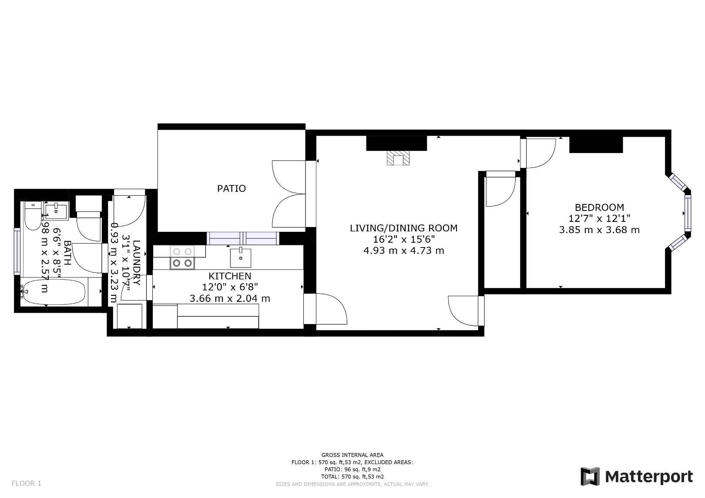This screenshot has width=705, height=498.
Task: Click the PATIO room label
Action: coord(232,188)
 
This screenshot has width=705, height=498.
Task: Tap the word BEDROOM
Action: coord(599,207)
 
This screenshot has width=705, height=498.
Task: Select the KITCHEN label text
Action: coord(230,276)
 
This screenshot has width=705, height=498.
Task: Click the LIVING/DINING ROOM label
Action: coord(403,228)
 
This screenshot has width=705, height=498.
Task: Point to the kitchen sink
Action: coord(240,257)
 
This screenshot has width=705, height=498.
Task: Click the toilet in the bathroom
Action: coord(31,216)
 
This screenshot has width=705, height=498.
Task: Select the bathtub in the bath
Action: coord(54,292)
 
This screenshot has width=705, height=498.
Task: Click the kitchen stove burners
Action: coord(182,257)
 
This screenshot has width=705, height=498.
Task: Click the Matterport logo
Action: coord(637,477)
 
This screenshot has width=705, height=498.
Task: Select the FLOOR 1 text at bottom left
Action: coord(27,483)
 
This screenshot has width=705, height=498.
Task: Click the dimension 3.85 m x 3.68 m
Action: coord(599,230)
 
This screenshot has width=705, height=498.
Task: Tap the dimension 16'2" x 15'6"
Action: coord(403,239)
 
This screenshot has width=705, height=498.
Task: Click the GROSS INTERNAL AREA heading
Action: coord(352,455)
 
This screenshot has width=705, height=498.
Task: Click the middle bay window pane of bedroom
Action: coord(687,213)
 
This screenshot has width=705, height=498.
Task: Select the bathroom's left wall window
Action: coord(17,251)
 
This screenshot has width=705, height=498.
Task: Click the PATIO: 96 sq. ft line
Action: coord(352,469)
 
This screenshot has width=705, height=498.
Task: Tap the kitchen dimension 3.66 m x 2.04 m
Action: coord(230,298)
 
